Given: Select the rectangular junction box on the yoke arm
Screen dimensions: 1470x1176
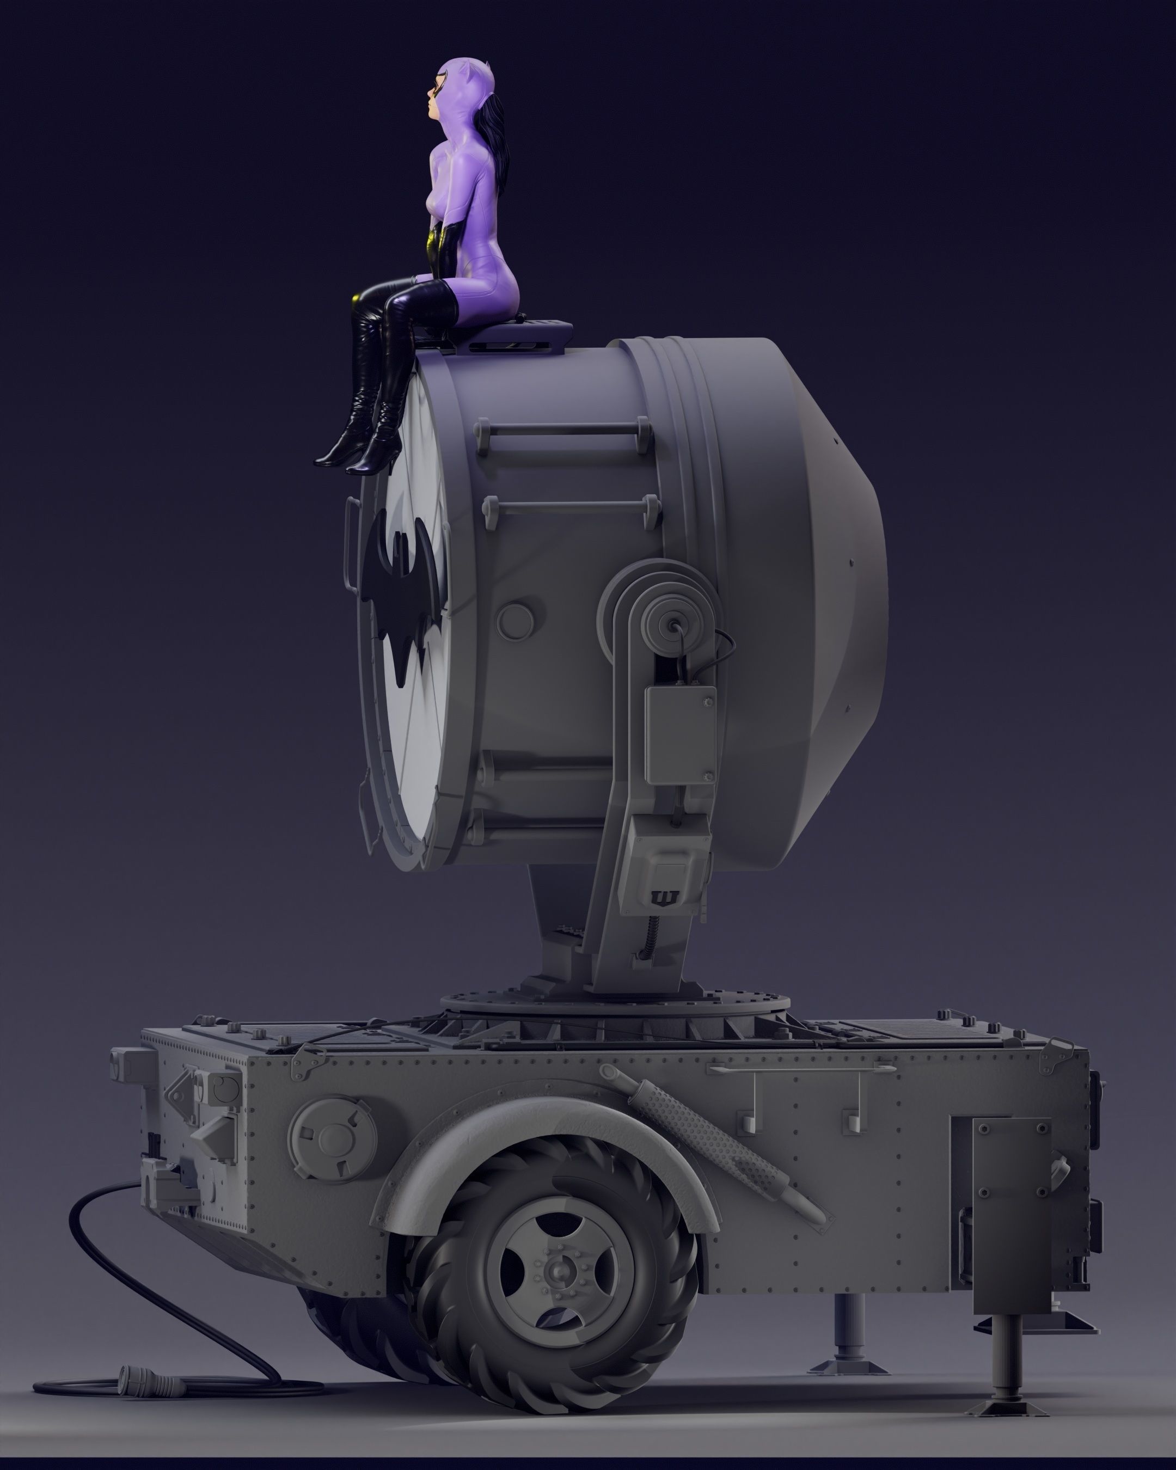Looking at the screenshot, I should (679, 735).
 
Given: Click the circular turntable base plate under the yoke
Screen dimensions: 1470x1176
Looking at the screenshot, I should (614, 1002).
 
